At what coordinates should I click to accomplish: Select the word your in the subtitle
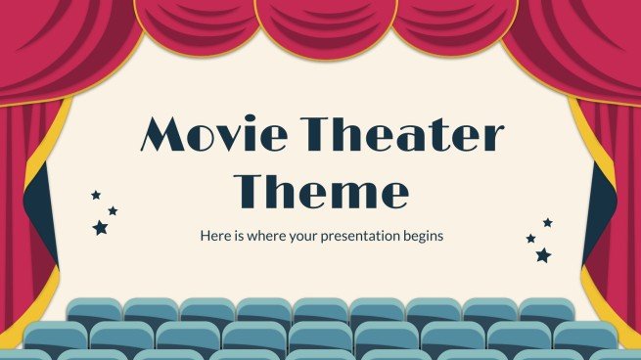pyautogui.click(x=303, y=237)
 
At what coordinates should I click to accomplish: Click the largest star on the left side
pyautogui.click(x=100, y=227)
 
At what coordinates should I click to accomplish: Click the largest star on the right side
pyautogui.click(x=543, y=255)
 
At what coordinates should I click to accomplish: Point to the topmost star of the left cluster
pyautogui.click(x=96, y=195)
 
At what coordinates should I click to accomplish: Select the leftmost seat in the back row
pyautogui.click(x=94, y=312)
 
